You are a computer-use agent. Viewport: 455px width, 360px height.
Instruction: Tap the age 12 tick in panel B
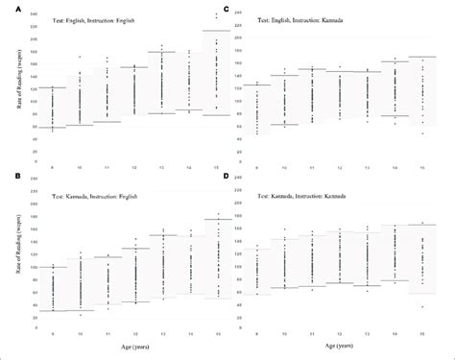point(133,333)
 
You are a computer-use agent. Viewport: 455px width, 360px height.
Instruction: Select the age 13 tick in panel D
point(366,333)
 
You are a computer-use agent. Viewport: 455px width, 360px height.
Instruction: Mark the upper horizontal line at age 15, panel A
point(216,31)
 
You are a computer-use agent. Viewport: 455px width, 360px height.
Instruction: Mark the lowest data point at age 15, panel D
point(421,307)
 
